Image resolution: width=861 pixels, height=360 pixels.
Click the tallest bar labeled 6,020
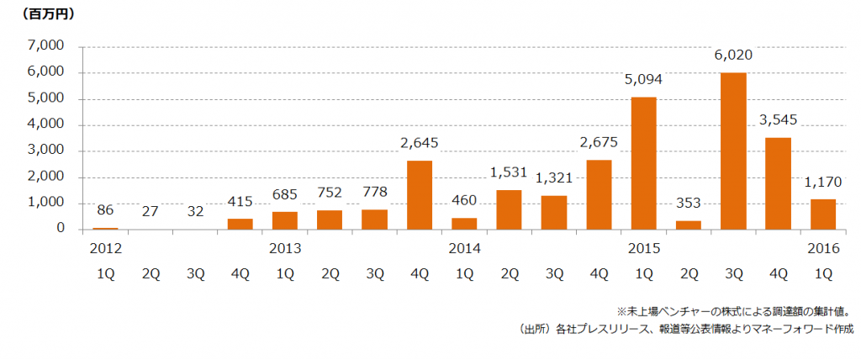click(x=733, y=151)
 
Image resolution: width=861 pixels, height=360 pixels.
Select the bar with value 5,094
click(x=643, y=163)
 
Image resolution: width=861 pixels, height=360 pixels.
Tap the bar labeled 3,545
click(x=778, y=183)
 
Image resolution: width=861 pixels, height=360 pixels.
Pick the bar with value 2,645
click(x=420, y=195)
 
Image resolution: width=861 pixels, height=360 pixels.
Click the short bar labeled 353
click(x=688, y=225)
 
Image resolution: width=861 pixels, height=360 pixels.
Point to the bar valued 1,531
click(x=509, y=209)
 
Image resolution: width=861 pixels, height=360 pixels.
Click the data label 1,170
click(x=822, y=182)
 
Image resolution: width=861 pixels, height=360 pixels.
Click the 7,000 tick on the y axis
click(x=47, y=47)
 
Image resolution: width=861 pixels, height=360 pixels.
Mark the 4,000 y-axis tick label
click(x=47, y=125)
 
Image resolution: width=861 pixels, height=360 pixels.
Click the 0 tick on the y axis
click(x=60, y=229)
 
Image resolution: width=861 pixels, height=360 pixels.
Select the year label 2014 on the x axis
click(x=464, y=249)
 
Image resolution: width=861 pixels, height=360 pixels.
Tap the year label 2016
click(x=822, y=249)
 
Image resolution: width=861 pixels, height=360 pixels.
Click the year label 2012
click(x=106, y=249)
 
